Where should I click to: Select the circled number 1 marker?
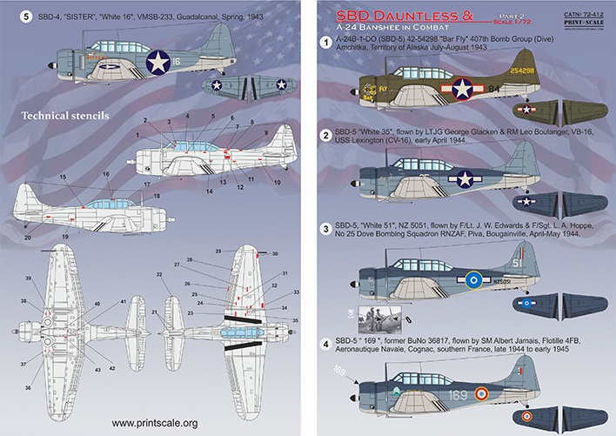(x=326, y=41)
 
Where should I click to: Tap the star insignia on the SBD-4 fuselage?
(x=157, y=62)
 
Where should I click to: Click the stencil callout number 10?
(x=278, y=182)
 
